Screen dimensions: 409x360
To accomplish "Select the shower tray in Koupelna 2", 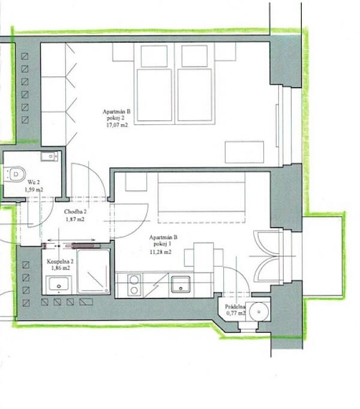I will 94,271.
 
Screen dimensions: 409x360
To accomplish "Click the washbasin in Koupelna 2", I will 58,285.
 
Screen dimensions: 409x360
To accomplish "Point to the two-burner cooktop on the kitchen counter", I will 134,285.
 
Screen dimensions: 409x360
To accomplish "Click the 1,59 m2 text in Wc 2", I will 34,189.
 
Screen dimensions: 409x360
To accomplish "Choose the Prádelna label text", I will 235,306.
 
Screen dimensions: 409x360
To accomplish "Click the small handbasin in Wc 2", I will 49,156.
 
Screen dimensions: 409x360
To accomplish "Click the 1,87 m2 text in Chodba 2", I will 75,220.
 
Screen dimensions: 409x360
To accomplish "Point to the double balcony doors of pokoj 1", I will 268,256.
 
